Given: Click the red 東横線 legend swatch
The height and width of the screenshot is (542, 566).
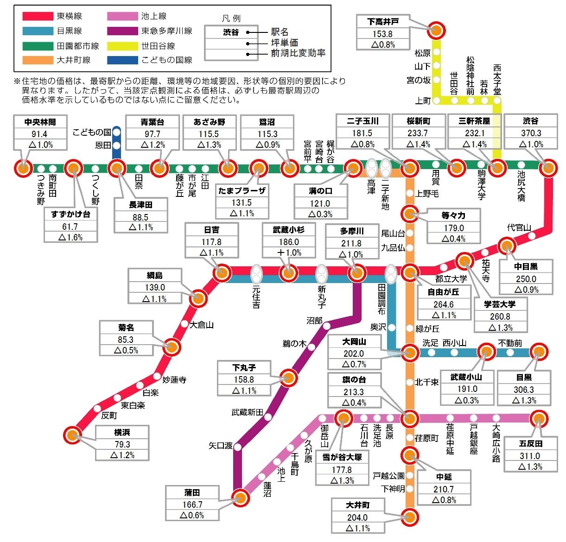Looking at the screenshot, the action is pyautogui.click(x=38, y=16).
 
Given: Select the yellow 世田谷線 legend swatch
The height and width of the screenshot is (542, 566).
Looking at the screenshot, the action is pyautogui.click(x=122, y=46).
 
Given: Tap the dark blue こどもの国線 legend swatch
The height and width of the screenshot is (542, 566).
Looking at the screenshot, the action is pyautogui.click(x=122, y=60).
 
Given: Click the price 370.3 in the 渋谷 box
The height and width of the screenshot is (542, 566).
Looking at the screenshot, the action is pyautogui.click(x=530, y=133).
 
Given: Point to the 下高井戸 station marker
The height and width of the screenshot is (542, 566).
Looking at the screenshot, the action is pyautogui.click(x=436, y=30).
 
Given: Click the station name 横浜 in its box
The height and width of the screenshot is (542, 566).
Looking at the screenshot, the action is pyautogui.click(x=122, y=432).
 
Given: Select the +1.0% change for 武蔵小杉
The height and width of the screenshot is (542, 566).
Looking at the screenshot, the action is pyautogui.click(x=289, y=252).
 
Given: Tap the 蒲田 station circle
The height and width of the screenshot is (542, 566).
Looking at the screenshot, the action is pyautogui.click(x=240, y=498).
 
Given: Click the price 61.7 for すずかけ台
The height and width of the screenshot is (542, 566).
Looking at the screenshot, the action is pyautogui.click(x=70, y=226).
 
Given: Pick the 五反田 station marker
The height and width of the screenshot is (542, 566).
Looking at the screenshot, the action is pyautogui.click(x=539, y=419).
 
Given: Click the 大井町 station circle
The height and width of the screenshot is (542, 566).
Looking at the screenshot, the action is pyautogui.click(x=409, y=517).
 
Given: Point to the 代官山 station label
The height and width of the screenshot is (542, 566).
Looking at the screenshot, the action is pyautogui.click(x=519, y=227).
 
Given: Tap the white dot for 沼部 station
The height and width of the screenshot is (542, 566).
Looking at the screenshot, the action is pyautogui.click(x=326, y=326).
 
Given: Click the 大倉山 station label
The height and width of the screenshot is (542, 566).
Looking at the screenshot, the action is pyautogui.click(x=202, y=325).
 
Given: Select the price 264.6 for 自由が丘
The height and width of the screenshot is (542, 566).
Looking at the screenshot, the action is pyautogui.click(x=443, y=304).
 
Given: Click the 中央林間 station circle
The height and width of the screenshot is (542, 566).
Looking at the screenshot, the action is pyautogui.click(x=23, y=168).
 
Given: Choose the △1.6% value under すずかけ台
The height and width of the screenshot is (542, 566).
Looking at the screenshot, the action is pyautogui.click(x=70, y=237).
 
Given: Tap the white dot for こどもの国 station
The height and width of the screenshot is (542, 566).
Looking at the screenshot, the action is pyautogui.click(x=116, y=132).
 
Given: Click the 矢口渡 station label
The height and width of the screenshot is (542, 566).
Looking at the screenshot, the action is pyautogui.click(x=221, y=446).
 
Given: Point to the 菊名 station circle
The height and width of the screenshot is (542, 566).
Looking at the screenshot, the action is pyautogui.click(x=172, y=347).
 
